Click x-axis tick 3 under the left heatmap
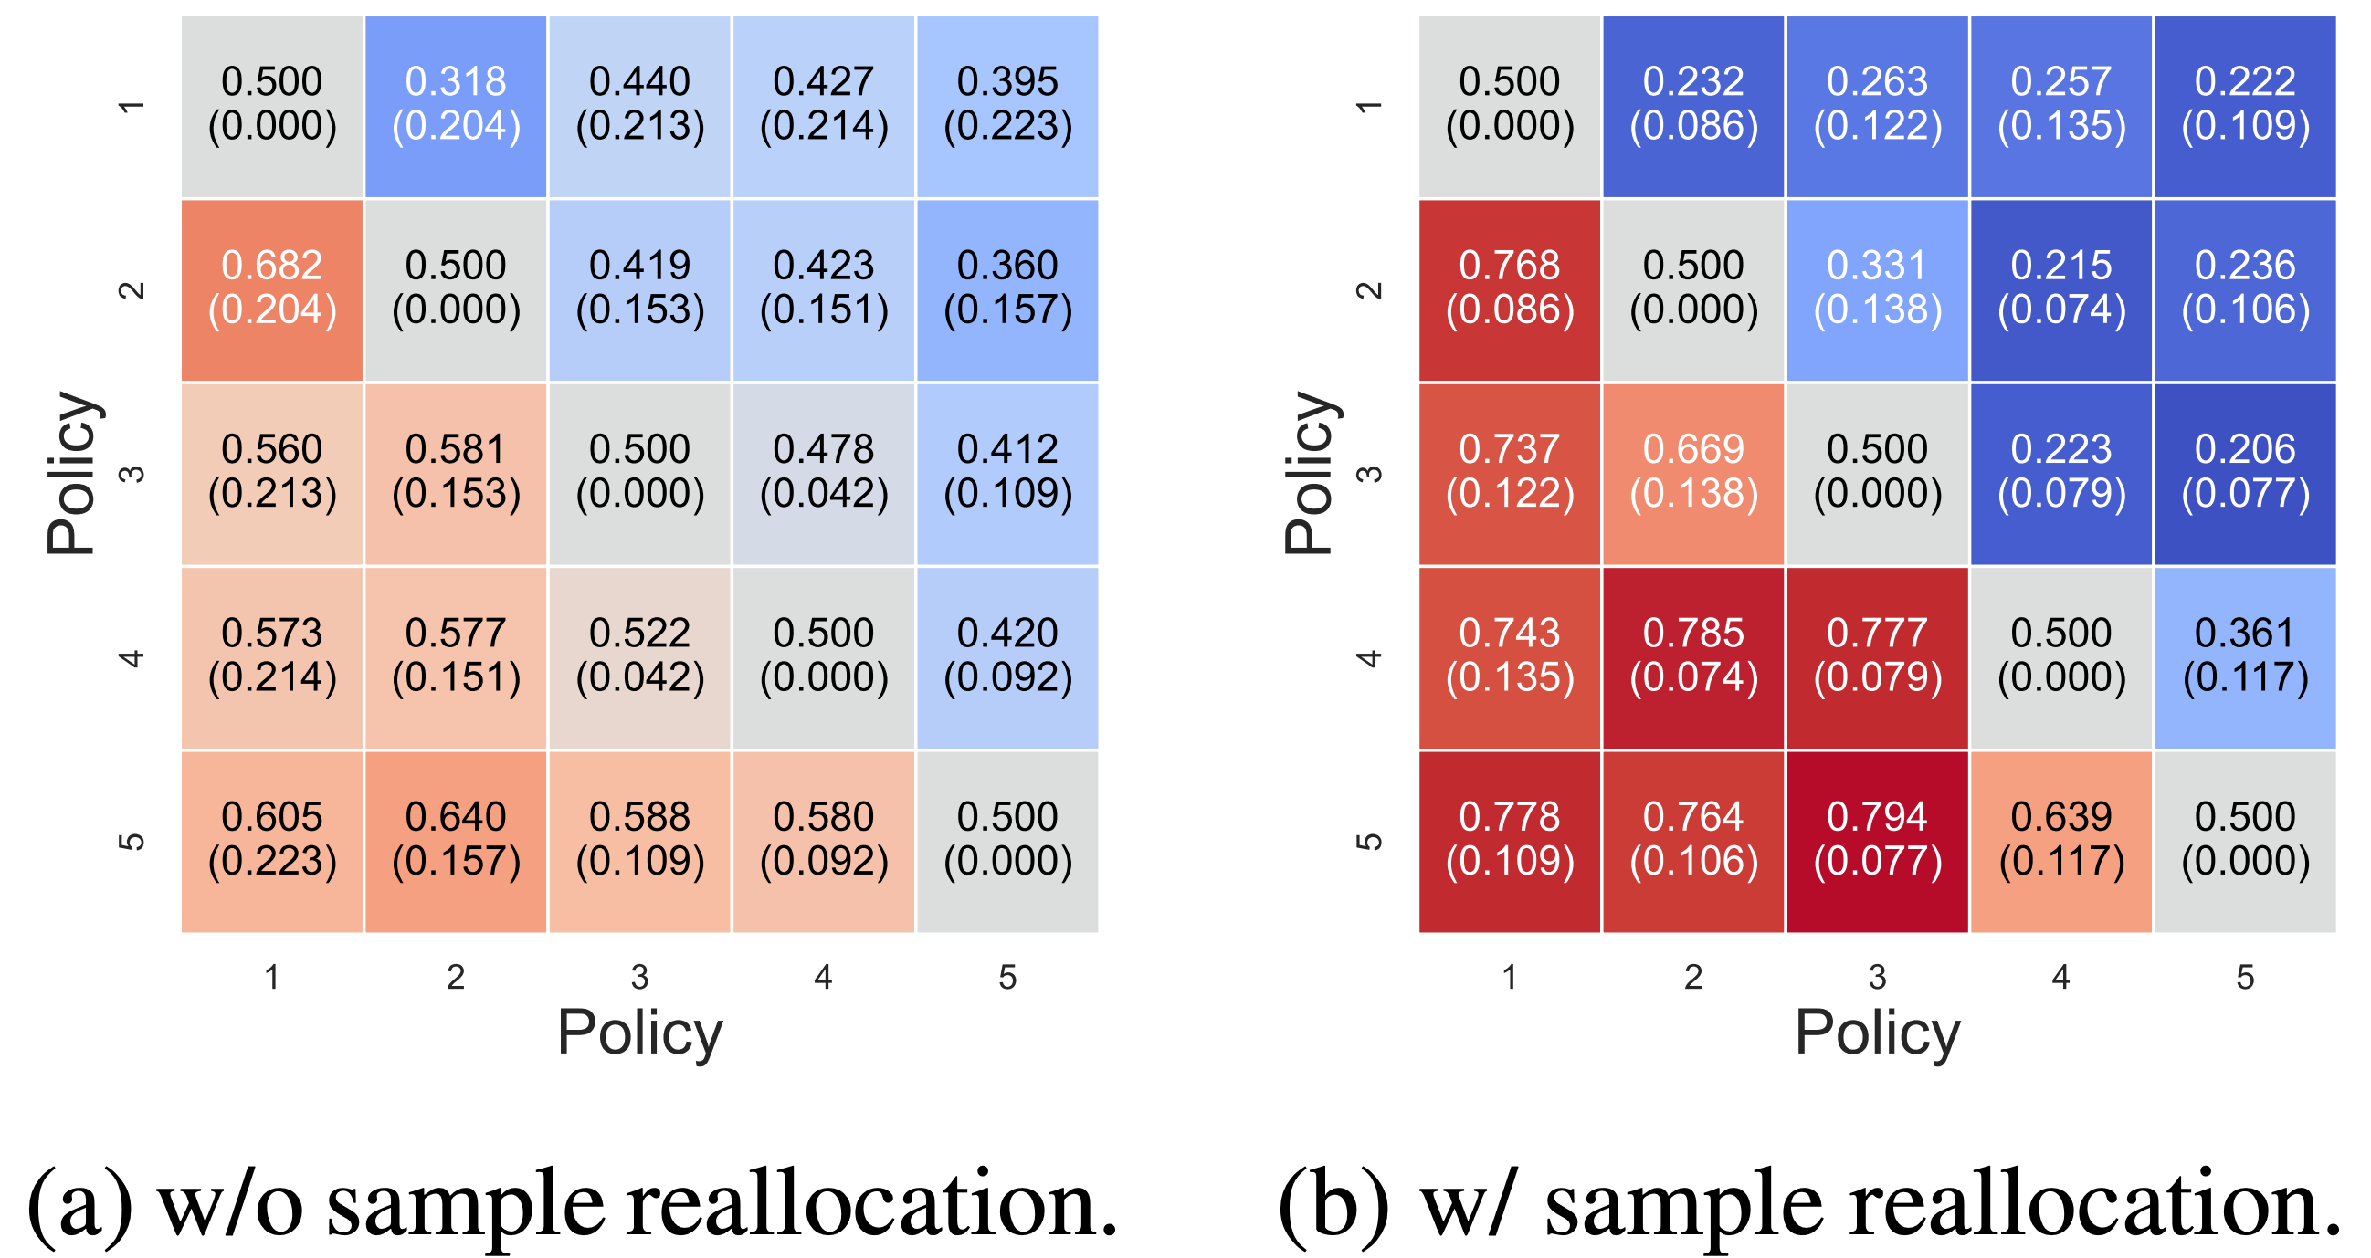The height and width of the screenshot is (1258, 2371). click(x=639, y=978)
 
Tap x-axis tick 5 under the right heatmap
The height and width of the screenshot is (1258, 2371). click(x=2245, y=978)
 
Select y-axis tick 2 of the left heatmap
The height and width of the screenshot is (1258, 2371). click(x=132, y=291)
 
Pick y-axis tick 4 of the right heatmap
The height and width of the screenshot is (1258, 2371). click(x=1370, y=659)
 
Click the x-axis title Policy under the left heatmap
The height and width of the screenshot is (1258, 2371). click(x=639, y=1033)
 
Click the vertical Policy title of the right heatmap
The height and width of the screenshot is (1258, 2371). click(x=1308, y=474)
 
